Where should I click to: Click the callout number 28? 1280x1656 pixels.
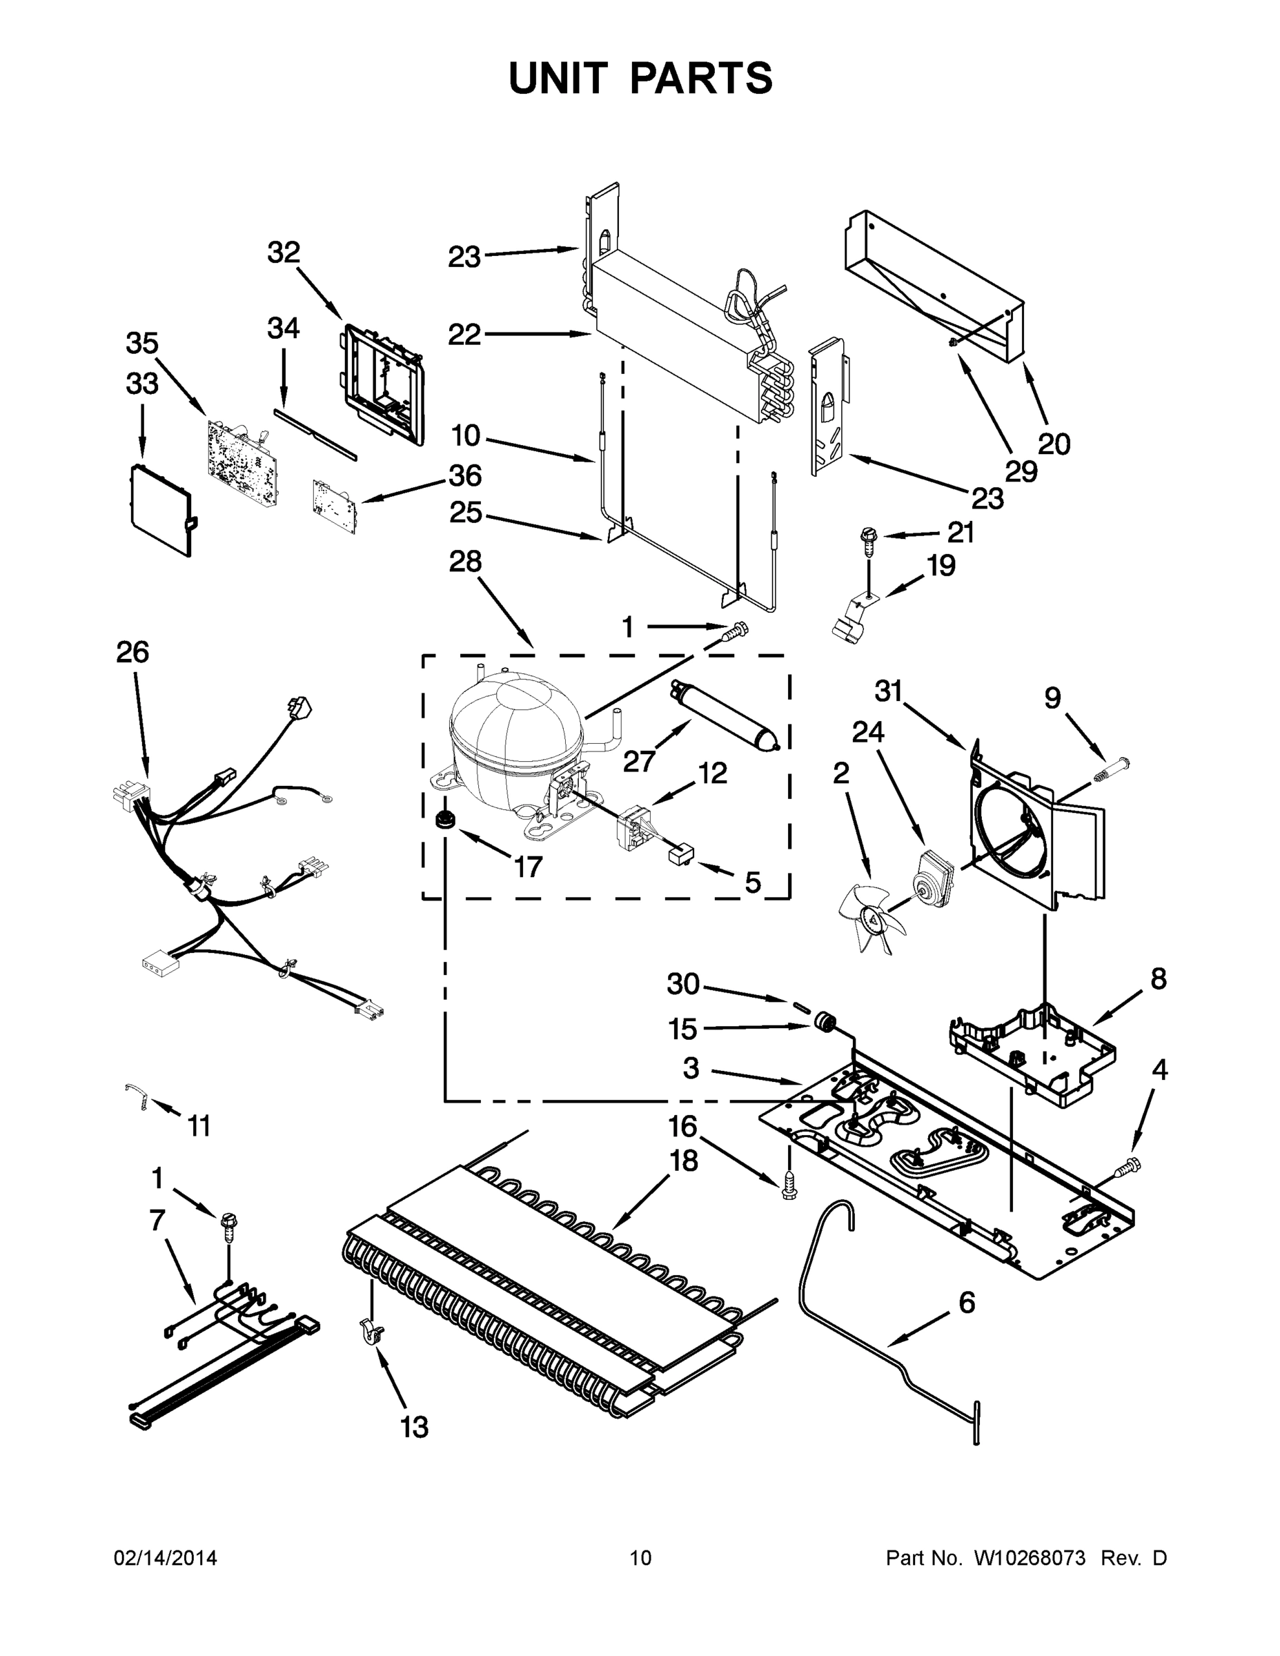(465, 562)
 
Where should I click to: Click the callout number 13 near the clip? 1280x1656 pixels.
(414, 1427)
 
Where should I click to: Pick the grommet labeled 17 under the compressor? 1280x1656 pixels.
(443, 820)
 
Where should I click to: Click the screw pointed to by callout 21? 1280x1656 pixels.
(868, 539)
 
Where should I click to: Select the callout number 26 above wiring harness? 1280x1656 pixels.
(132, 652)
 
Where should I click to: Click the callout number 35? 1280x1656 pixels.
(142, 344)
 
